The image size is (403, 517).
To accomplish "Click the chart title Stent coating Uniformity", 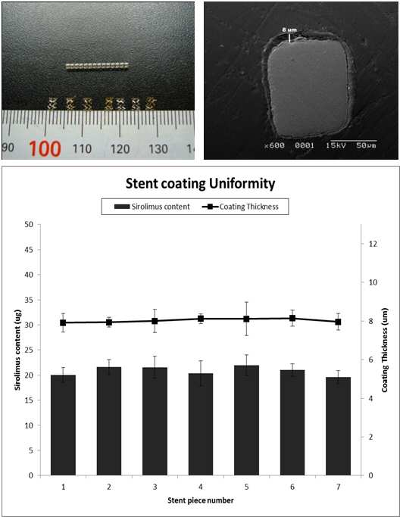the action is point(200,183).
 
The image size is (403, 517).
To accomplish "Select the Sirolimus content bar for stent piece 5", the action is point(246,420).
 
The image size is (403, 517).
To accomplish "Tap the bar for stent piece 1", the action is point(63,425).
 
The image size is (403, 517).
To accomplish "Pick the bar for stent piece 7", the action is point(338,426).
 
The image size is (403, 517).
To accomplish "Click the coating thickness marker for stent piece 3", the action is point(155,321).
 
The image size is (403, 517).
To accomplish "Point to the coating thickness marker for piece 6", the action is point(292,318).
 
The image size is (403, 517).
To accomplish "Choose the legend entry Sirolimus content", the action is point(152,207).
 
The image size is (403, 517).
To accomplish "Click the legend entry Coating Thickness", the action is point(240,207).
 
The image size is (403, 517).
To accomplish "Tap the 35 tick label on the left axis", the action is point(29,300).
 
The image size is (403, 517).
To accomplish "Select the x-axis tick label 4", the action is point(201,487).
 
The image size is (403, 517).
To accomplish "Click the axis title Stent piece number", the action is point(200,500).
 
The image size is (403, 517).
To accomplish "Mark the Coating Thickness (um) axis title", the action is point(385,350).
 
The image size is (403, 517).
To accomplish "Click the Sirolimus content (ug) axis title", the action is point(17,350).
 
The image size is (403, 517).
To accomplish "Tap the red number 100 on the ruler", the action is point(45,148).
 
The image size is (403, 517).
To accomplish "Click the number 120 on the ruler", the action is point(120,149).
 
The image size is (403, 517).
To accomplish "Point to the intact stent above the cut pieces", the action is point(97,66).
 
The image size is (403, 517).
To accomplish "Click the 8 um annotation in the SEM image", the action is point(289,30).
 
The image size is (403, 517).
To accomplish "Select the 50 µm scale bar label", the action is point(366,145).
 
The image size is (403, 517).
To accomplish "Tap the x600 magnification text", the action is point(275,145).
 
